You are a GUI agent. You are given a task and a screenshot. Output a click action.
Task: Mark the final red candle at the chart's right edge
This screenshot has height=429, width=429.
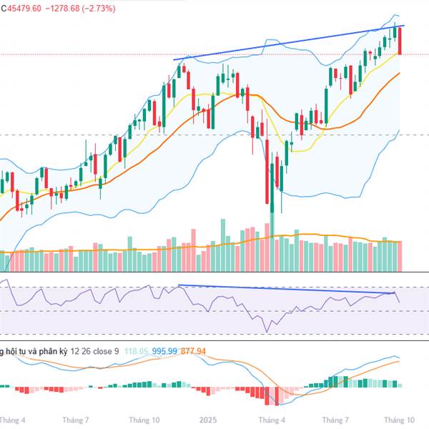pos(400,41)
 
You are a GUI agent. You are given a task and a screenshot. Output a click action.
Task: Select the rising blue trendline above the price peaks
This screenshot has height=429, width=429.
pos(286,43)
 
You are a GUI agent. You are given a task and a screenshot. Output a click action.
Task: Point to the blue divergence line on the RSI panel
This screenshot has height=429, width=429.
pos(286,290)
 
